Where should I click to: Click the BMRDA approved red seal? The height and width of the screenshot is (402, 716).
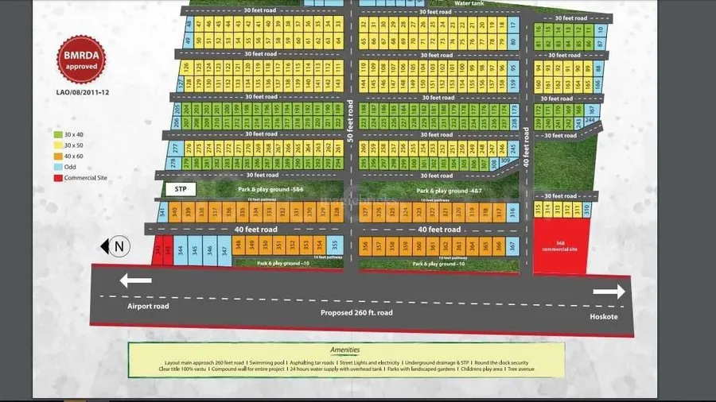point(81,61)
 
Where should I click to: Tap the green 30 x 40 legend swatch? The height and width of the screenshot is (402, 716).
point(58,134)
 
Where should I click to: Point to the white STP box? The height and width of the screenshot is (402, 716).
point(179,189)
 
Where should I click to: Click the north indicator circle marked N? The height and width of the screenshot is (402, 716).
point(119,246)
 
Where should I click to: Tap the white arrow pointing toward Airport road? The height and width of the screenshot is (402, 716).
point(135,280)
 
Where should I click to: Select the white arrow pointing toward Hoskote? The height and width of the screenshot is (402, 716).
point(609,292)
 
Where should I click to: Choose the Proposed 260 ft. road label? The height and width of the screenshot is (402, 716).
point(356,312)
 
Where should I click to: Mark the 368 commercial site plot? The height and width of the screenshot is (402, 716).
point(562,246)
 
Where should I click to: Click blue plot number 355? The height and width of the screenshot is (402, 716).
point(335,244)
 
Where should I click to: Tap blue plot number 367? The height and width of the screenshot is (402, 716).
point(513,245)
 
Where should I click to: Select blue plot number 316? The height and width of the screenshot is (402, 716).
point(512,211)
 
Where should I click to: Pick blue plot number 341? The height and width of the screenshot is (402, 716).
point(162,211)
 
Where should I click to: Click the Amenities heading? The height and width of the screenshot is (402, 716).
point(345,350)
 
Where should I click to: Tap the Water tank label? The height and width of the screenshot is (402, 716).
point(469,3)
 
